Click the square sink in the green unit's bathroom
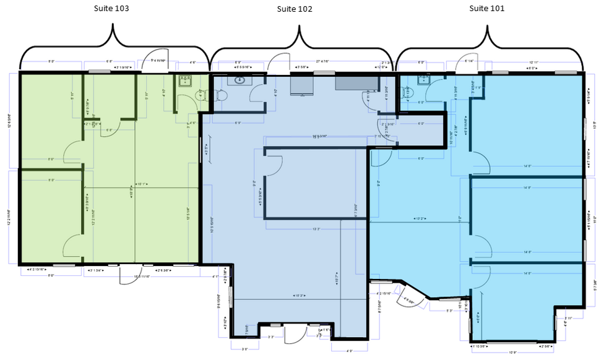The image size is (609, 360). point(184,81)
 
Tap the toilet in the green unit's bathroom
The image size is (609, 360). point(200,95)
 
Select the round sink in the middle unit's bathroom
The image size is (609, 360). point(238,80)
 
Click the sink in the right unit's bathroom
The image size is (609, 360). point(424,79)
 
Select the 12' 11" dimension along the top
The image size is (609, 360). point(533,62)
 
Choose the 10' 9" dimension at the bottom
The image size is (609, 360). point(512,353)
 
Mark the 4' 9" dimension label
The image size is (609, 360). point(350,351)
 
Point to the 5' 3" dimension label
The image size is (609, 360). point(450,311)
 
